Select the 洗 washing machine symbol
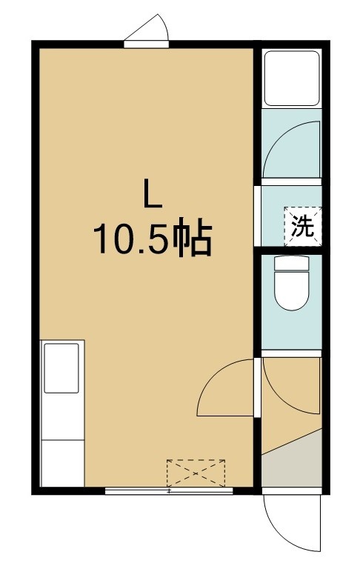point(303,227)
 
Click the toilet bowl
point(291,290)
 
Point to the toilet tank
point(291,263)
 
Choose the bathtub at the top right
point(291,79)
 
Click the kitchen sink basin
point(61,368)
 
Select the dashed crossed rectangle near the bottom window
point(196,473)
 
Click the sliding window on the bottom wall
point(169,491)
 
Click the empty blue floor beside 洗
point(273,216)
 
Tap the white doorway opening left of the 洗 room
point(257,216)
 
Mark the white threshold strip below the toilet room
point(291,353)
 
